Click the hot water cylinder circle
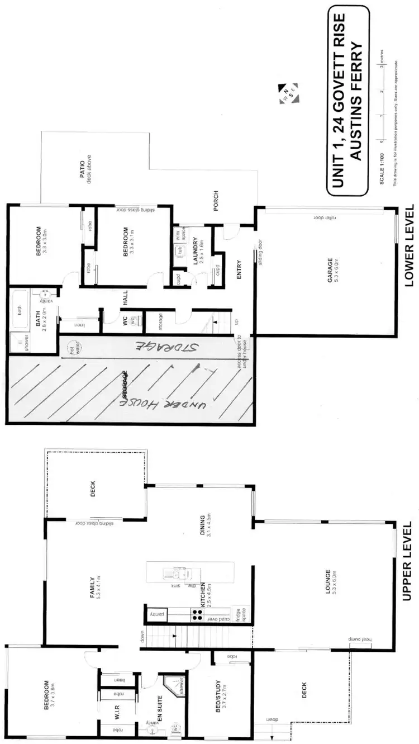pos(71,347)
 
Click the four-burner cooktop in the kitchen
pos(197,614)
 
